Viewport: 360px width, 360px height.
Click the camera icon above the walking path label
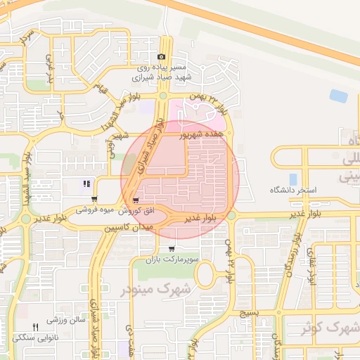pos(162,57)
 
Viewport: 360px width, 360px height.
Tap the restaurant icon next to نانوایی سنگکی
pos(36,327)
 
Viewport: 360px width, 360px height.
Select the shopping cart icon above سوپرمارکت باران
pos(172,249)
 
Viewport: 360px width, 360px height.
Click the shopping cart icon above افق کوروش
pos(135,200)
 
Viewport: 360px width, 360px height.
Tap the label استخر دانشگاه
pos(294,191)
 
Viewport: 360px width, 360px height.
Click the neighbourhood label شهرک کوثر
pos(330,328)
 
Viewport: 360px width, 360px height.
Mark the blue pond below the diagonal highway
pos(339,96)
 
